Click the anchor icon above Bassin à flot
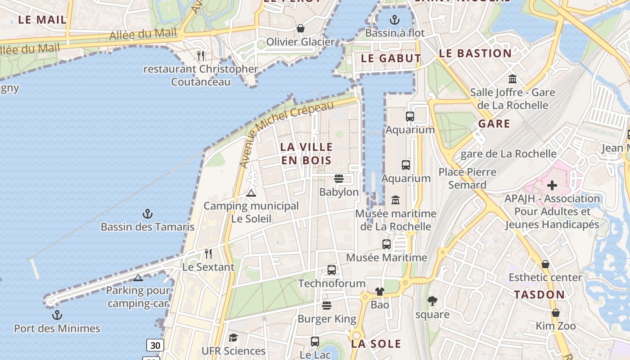[x=394, y=20]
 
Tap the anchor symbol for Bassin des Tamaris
[x=148, y=214]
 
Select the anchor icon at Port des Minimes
[x=57, y=315]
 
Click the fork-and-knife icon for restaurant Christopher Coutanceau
[x=201, y=55]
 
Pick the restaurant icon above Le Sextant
[x=208, y=254]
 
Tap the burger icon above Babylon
[x=339, y=179]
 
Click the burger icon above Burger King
[x=327, y=306]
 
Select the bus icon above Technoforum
[x=332, y=270]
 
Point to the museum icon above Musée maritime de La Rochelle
[x=396, y=200]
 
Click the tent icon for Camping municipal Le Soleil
[x=251, y=193]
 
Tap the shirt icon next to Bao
[x=379, y=292]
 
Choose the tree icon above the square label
[x=432, y=301]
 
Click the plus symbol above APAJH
[x=552, y=185]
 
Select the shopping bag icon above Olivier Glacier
[x=301, y=29]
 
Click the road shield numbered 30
[x=155, y=345]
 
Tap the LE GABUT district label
[x=391, y=58]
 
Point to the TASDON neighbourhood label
[x=539, y=295]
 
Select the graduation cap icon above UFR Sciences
[x=233, y=337]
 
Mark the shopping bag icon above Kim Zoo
[x=556, y=313]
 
